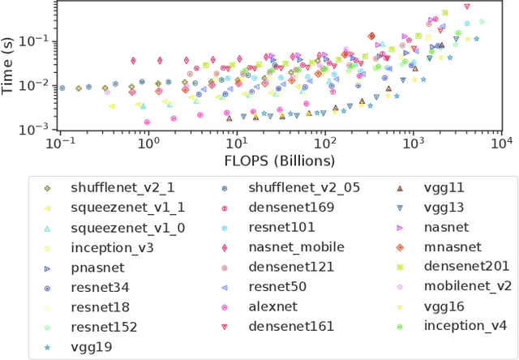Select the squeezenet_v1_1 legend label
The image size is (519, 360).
(128, 208)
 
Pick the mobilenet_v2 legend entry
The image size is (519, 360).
(469, 286)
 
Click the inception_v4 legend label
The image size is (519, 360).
(465, 326)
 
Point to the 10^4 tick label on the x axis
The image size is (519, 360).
(502, 143)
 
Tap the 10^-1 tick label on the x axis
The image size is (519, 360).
(58, 143)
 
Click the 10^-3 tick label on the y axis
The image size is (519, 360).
(36, 130)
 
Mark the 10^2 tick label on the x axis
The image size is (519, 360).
(324, 143)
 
